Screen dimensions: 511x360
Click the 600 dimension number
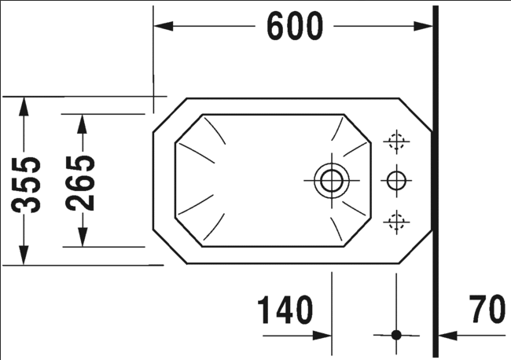tap(295, 26)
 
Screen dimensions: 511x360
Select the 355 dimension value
tap(26, 185)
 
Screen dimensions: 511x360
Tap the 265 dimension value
tap(80, 183)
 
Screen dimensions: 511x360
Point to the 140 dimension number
tap(285, 310)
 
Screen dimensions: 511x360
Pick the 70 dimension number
tap(487, 309)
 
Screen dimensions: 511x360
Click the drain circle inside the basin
tap(332, 181)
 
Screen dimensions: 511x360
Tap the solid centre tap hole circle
tap(396, 181)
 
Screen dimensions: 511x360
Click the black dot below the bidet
tap(396, 335)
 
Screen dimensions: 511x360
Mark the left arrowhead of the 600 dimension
tap(163, 26)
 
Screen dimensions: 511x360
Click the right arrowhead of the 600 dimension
tap(423, 26)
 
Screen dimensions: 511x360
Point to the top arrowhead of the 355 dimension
tap(23, 106)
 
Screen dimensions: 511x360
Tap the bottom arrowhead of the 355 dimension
tap(23, 255)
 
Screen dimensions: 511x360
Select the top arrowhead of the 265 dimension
tap(82, 124)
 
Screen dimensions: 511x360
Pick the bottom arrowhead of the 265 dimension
tap(82, 237)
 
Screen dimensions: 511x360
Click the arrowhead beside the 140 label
tap(322, 335)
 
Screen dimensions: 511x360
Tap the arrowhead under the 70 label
tap(448, 335)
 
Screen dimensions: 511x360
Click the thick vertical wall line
tap(436, 182)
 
